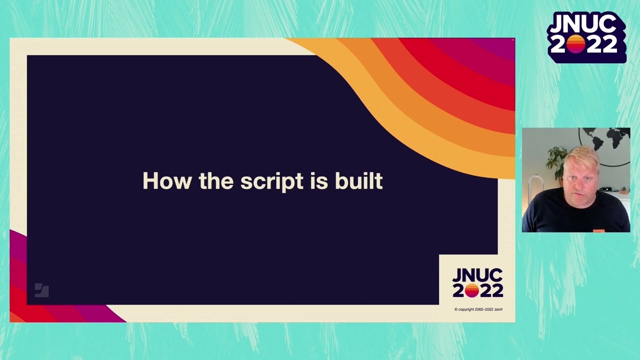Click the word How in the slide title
[x=167, y=181]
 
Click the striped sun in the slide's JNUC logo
[x=471, y=290]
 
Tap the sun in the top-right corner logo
[x=575, y=44]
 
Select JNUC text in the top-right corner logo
[x=586, y=24]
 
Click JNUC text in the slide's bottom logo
[x=477, y=275]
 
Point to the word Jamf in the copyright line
[x=498, y=309]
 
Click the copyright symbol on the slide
[x=456, y=309]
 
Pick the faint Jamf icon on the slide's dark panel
[x=41, y=290]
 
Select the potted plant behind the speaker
[x=556, y=160]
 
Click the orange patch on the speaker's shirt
[x=598, y=230]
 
